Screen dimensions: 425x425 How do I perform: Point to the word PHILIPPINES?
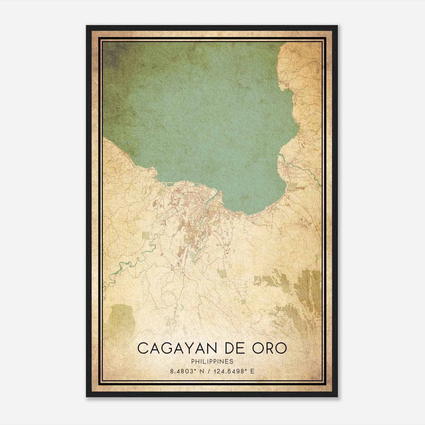coord(212,362)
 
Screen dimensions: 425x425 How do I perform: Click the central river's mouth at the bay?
coord(220,191)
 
